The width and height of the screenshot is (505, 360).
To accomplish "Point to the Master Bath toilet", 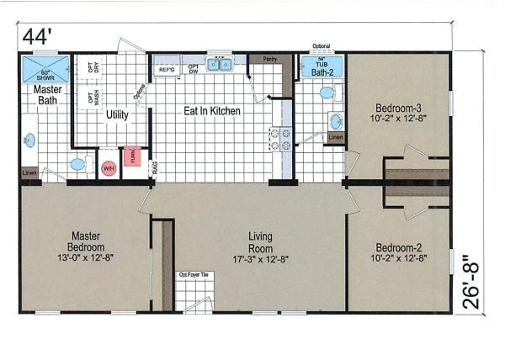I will click(x=79, y=164).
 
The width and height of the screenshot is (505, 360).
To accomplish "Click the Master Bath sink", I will click(x=29, y=140).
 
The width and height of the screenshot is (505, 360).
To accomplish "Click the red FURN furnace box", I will click(x=132, y=156).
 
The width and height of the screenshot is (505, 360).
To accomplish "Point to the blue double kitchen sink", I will click(x=220, y=64).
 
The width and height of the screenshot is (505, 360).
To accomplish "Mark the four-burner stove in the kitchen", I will click(x=279, y=139).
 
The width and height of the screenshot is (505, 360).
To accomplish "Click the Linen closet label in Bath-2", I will click(x=336, y=137).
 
